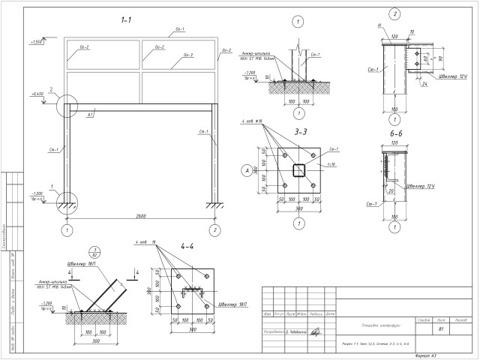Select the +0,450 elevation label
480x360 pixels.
pyautogui.click(x=37, y=94)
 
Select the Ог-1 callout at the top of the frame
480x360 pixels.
pyautogui.click(x=179, y=28)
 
